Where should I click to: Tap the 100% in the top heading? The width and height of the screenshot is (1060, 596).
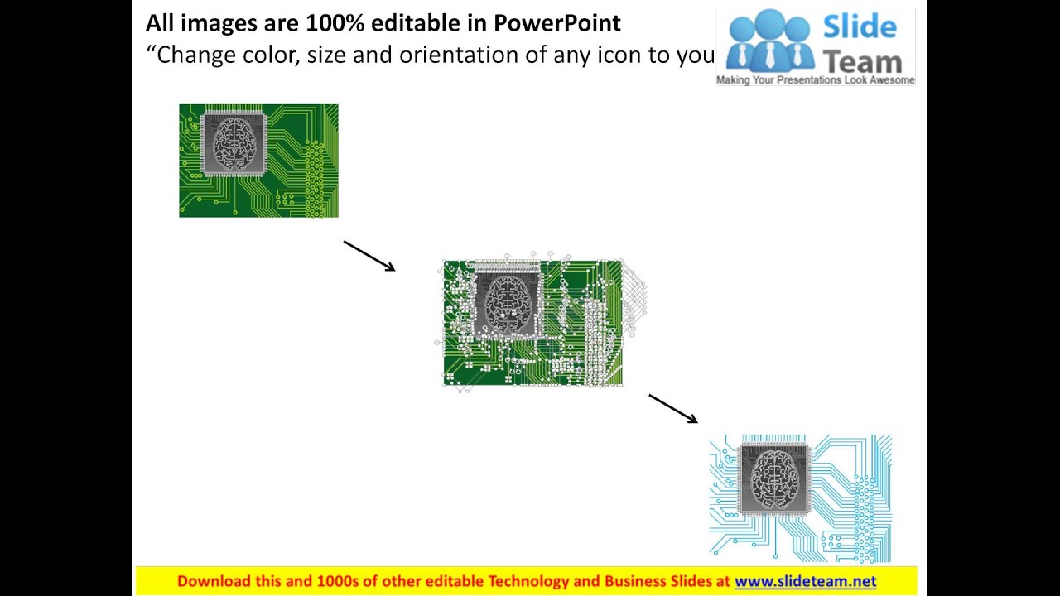(x=335, y=23)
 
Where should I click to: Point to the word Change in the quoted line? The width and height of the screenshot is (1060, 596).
(x=193, y=55)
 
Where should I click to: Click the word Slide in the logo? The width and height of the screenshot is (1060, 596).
(x=860, y=26)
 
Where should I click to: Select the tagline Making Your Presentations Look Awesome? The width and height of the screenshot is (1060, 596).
(x=816, y=80)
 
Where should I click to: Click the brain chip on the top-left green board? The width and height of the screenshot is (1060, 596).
(x=234, y=144)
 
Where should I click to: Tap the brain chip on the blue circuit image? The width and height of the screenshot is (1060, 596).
(x=773, y=479)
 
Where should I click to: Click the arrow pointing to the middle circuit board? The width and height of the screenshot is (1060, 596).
(x=369, y=256)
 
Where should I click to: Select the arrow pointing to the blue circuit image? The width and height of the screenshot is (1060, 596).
(x=673, y=409)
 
